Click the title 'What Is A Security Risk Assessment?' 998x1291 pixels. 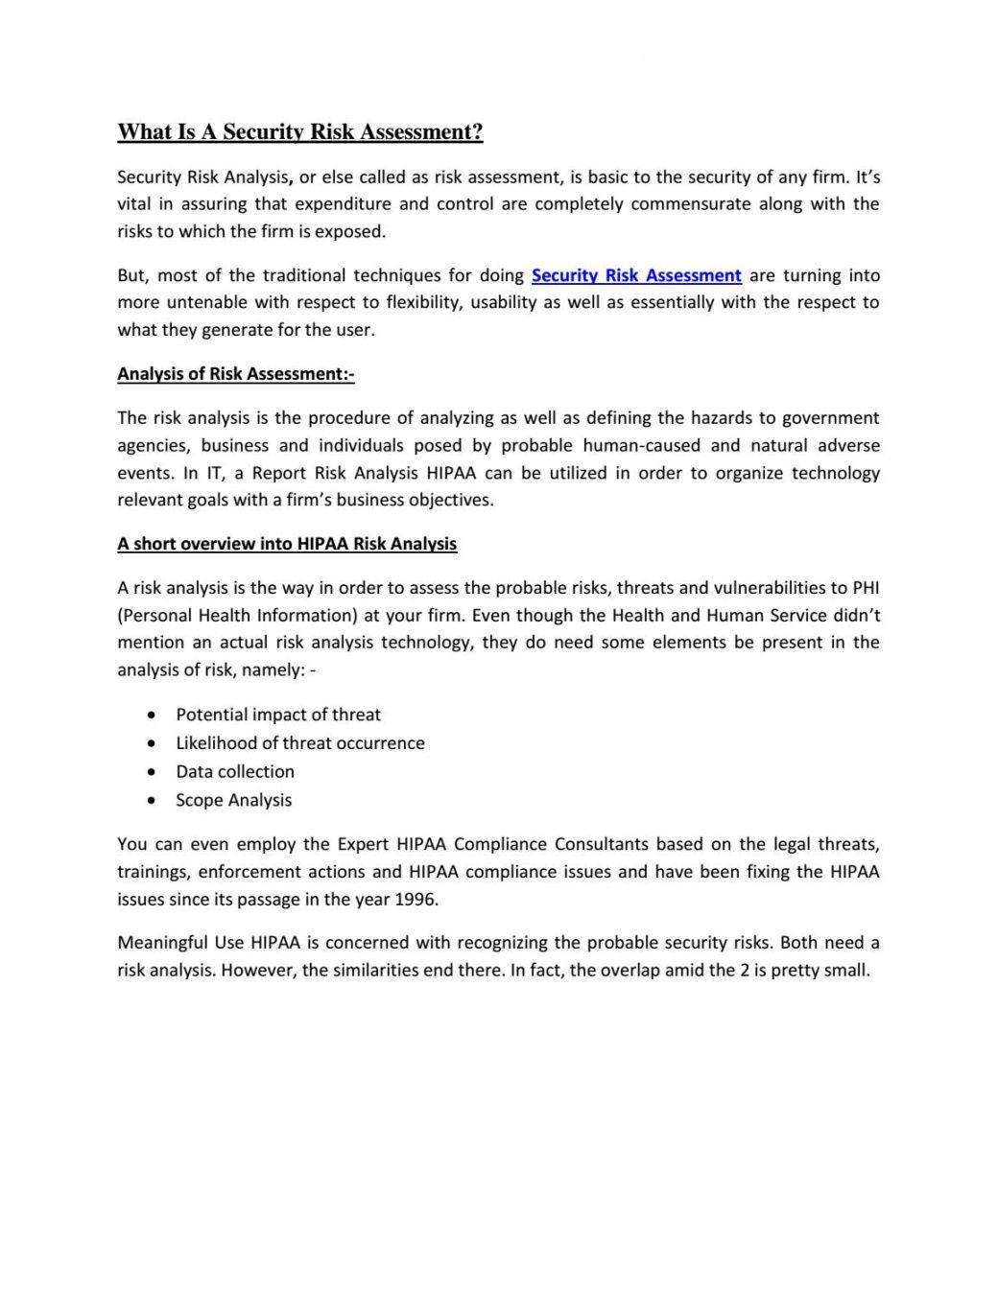click(299, 132)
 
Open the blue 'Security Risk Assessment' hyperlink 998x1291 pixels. click(636, 275)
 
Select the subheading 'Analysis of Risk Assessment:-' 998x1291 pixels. click(235, 374)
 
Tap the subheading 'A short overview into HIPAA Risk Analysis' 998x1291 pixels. click(287, 544)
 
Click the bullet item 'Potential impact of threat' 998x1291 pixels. click(278, 715)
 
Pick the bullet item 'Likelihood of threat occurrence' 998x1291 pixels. click(299, 743)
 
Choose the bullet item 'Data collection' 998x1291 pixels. click(235, 771)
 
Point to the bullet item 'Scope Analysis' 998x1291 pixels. click(233, 800)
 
